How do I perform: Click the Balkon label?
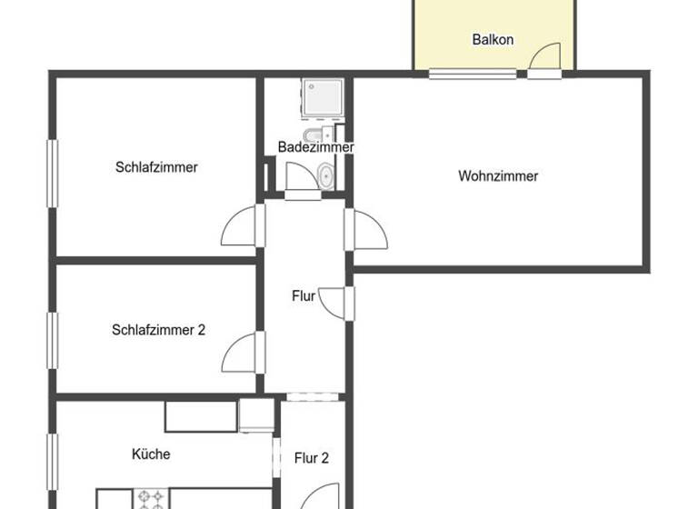coord(493,39)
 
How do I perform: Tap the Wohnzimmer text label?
coord(498,176)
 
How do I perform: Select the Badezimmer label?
coord(315,146)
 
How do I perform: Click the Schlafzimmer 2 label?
coord(158,330)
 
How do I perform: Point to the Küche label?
coord(151,454)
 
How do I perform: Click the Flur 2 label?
coord(311,458)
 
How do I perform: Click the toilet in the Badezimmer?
coord(313,138)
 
